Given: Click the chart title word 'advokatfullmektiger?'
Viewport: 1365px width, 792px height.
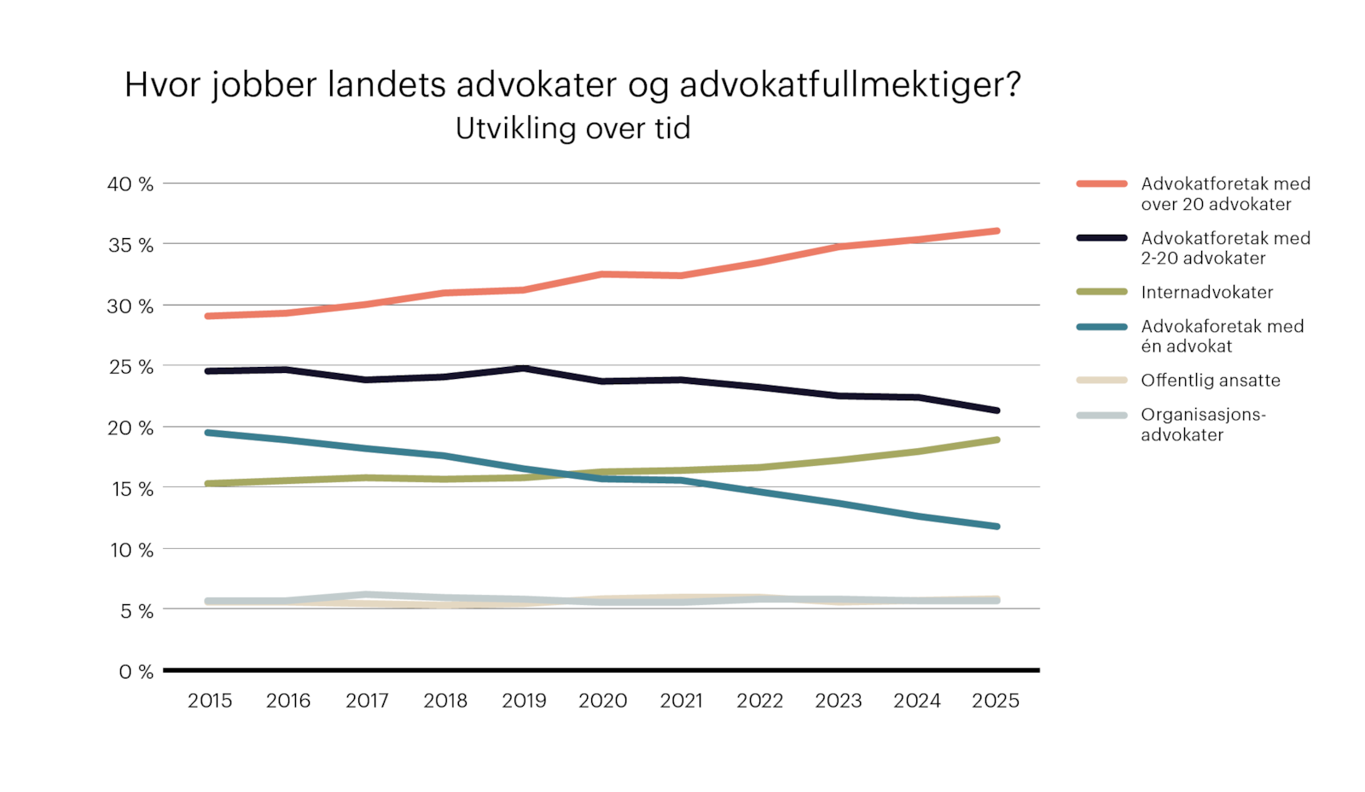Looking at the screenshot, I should click(850, 85).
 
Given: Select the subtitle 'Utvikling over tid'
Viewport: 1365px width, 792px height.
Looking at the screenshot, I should click(572, 129).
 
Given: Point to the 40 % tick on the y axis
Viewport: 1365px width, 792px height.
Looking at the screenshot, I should click(131, 184).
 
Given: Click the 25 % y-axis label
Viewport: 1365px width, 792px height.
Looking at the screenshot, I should click(131, 367).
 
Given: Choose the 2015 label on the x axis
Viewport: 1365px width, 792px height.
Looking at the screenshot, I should click(210, 701).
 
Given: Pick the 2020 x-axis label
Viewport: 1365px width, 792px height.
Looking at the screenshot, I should click(602, 701).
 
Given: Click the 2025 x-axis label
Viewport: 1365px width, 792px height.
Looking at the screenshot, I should click(996, 701).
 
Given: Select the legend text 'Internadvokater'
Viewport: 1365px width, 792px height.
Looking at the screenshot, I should click(1206, 292).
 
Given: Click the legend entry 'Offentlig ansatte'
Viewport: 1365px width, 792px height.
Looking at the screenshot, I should click(1210, 380).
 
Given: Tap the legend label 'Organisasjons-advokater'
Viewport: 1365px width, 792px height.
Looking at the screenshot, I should click(1203, 424).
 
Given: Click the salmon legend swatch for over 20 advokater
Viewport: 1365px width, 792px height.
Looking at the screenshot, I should click(1101, 183).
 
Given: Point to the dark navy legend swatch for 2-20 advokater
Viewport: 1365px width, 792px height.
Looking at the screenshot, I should click(1101, 238).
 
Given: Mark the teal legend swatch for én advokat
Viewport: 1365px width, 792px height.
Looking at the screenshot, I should click(1101, 326).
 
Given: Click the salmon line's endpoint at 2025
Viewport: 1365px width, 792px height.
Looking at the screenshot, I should click(996, 231).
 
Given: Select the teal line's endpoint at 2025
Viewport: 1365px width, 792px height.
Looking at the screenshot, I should click(996, 527).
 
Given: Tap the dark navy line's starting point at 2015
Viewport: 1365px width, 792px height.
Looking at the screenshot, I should click(209, 371).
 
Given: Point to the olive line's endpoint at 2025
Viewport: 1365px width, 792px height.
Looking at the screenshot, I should click(996, 440).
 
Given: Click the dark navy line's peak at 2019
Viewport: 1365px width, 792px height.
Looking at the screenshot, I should click(524, 369).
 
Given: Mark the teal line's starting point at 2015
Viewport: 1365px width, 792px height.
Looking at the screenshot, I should click(209, 433).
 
